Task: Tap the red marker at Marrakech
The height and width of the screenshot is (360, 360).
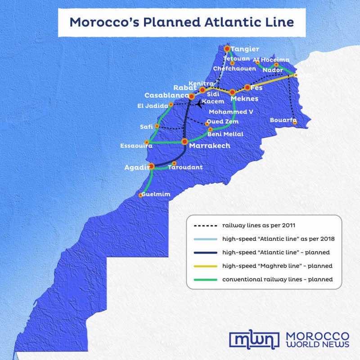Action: [184, 141]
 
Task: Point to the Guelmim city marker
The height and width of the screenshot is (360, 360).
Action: [141, 195]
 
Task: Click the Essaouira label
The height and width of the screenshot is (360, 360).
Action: [133, 146]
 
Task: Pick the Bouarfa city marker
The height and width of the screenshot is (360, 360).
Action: [295, 122]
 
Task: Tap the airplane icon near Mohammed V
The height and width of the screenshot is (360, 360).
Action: [199, 103]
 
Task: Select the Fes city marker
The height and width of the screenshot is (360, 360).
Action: [247, 88]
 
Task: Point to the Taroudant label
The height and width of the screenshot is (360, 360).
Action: [185, 167]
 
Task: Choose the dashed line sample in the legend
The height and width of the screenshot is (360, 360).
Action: [205, 225]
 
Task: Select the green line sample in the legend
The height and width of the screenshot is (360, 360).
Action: [205, 279]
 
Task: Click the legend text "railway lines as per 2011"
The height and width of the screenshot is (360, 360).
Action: [258, 225]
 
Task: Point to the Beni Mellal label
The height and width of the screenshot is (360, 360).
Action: [225, 134]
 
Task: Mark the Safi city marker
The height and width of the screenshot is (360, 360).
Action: [157, 126]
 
